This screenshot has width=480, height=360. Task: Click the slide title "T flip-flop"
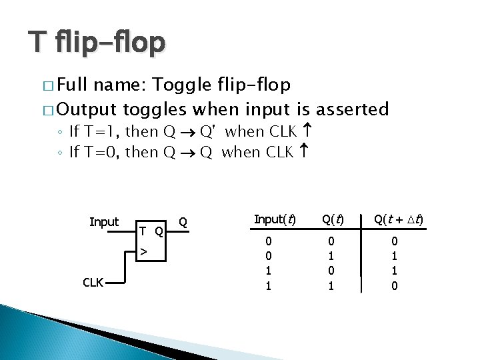(x=96, y=43)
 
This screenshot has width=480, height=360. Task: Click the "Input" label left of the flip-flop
(x=104, y=222)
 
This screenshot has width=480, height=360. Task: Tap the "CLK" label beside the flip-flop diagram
(x=93, y=282)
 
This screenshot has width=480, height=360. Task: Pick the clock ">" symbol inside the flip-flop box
(x=143, y=251)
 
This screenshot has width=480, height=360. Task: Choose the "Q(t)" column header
(x=333, y=219)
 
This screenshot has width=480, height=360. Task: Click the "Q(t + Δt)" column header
(x=399, y=219)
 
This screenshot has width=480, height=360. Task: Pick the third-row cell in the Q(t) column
(x=331, y=271)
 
